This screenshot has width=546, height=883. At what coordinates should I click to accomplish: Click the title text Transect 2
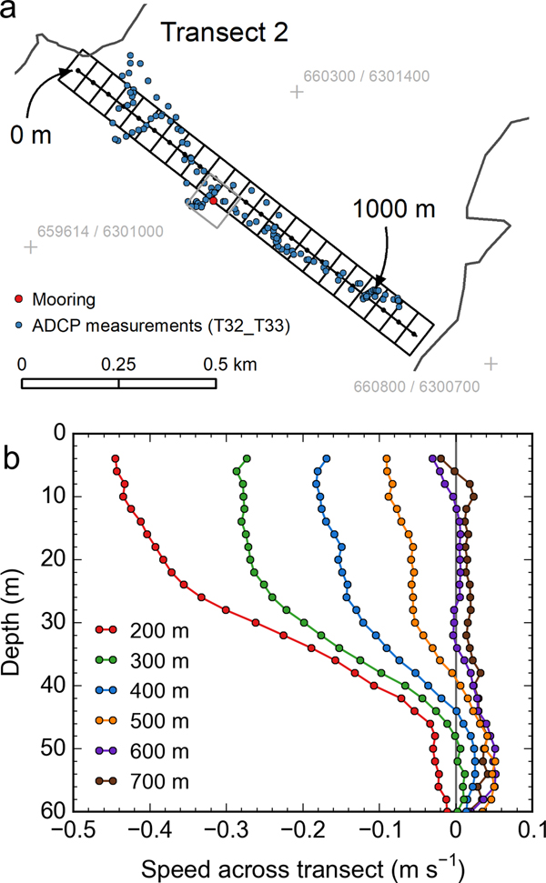[225, 34]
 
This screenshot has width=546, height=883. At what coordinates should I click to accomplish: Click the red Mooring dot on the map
[213, 200]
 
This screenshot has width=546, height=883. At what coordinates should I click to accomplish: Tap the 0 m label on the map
[30, 136]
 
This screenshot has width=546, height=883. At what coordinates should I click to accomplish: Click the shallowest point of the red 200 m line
[116, 459]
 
